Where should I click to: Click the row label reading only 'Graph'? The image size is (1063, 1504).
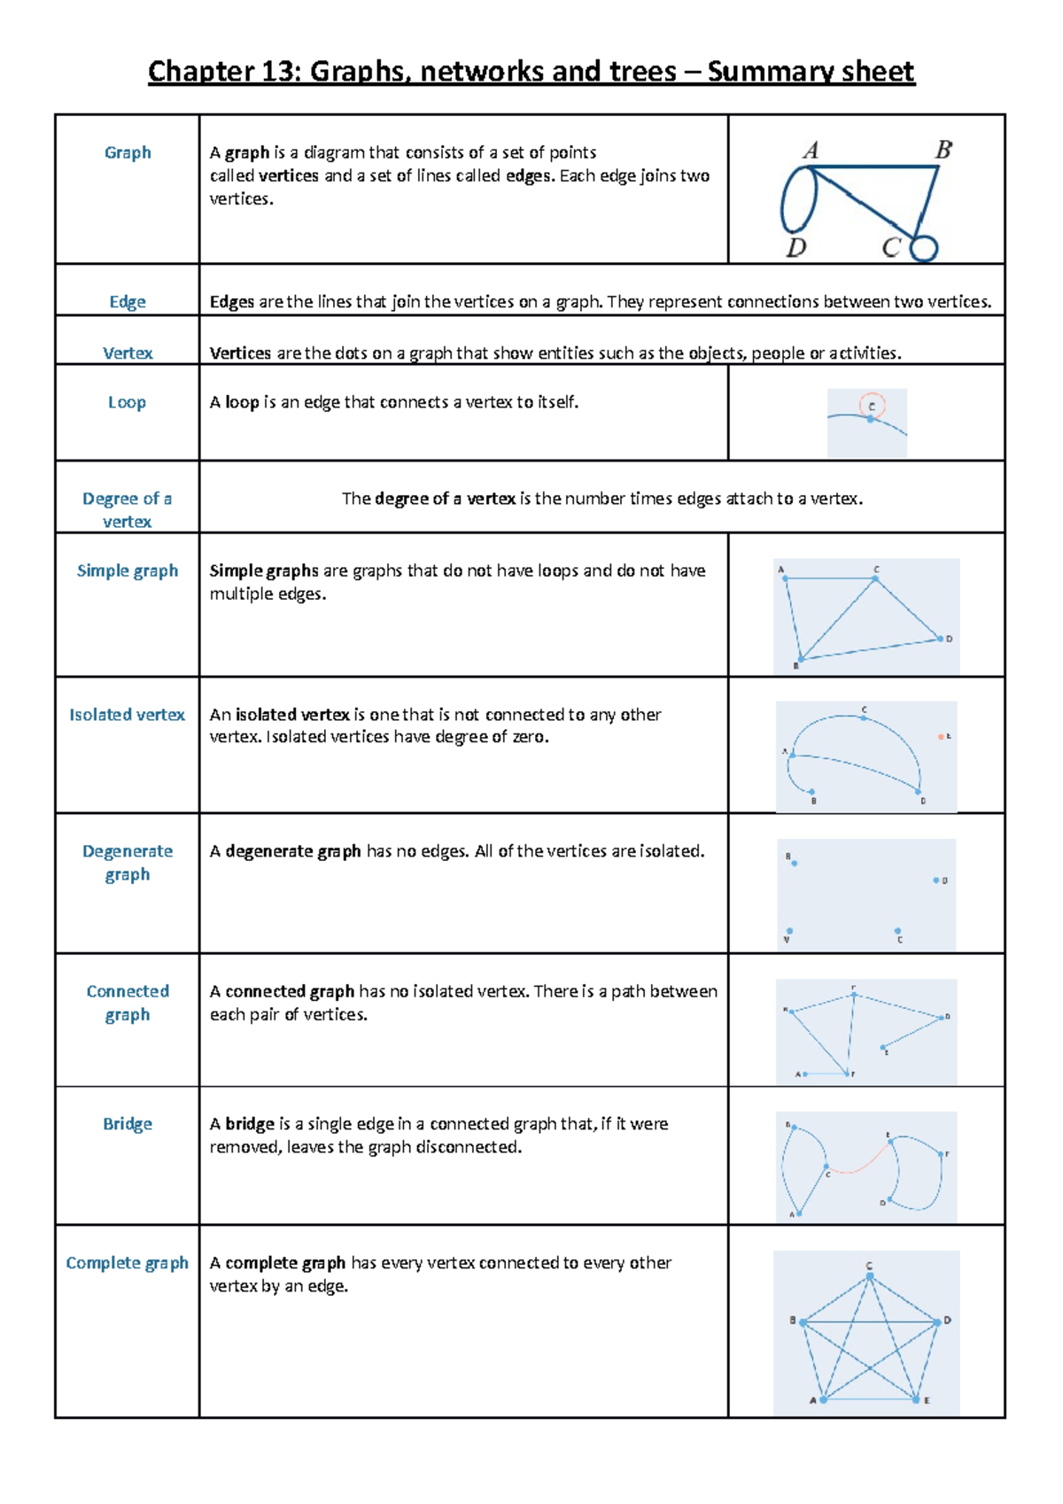tap(128, 152)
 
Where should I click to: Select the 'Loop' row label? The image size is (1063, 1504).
tap(127, 402)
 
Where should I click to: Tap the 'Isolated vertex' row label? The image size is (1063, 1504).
tap(127, 715)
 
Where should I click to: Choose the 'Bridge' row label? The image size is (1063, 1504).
tap(128, 1124)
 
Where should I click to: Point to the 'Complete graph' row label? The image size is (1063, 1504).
tap(127, 1263)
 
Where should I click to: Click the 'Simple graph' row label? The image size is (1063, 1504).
tap(127, 570)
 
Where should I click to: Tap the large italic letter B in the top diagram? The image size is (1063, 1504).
tap(943, 150)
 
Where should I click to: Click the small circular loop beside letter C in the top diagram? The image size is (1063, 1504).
tap(924, 248)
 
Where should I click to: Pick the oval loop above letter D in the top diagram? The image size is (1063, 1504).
tap(798, 200)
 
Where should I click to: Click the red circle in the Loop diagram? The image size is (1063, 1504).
tap(873, 405)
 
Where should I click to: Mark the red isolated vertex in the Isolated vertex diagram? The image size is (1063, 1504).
tap(941, 736)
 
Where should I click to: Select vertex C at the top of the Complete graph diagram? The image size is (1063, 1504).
tap(870, 1277)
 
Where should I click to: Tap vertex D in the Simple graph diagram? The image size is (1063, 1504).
tap(940, 638)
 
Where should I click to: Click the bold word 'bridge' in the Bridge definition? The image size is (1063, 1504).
tap(250, 1124)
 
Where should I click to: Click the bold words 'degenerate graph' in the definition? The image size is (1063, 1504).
tap(293, 851)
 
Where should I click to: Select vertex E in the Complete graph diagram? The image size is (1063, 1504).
tap(916, 1399)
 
